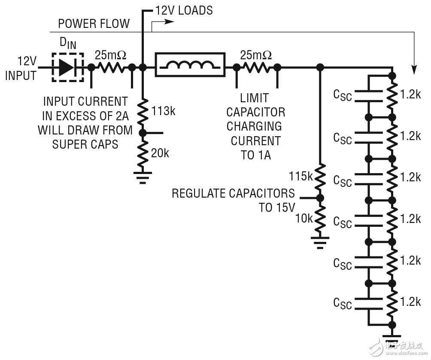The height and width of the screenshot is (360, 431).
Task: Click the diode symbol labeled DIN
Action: [x=67, y=67]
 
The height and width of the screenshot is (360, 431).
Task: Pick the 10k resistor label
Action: [x=304, y=218]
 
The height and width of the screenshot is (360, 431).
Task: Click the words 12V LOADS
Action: [x=183, y=10]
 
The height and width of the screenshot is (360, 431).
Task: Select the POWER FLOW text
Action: [x=94, y=23]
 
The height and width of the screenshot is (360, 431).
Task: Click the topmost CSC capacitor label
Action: [x=343, y=95]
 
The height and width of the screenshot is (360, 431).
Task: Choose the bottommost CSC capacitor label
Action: [x=343, y=303]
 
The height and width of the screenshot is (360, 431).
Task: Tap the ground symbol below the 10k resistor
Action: [x=320, y=243]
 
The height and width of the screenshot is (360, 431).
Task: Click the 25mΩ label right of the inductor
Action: [x=256, y=55]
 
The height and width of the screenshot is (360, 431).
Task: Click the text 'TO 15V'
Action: [x=277, y=207]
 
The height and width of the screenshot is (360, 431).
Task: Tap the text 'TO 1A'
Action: [x=256, y=155]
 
